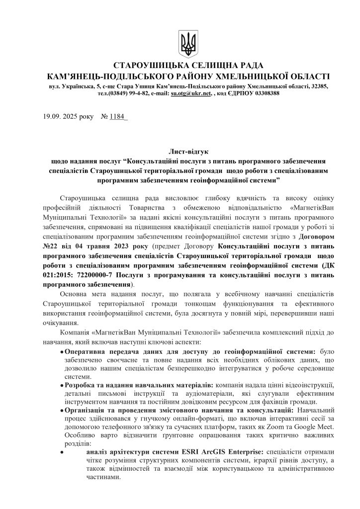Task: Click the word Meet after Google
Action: [x=318, y=427]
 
